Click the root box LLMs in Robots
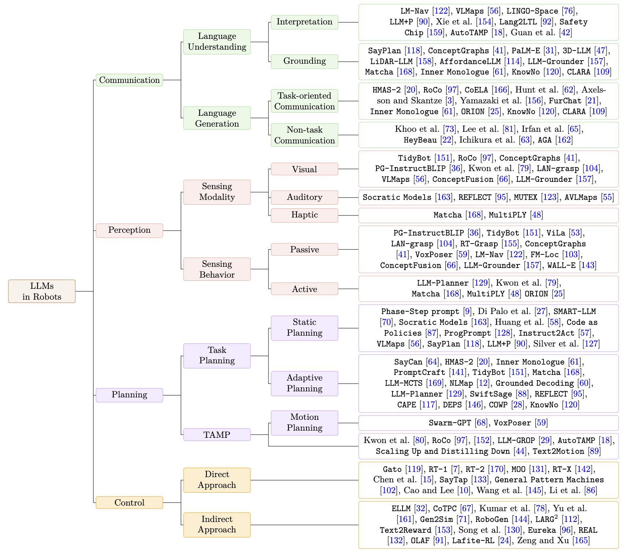coord(42,291)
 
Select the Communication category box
coord(129,80)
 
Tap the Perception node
coord(129,230)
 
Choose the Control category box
coord(129,503)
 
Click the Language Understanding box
coord(217,42)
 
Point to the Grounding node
coord(304,61)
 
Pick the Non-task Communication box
coord(304,135)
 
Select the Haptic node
coord(304,215)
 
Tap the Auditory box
coord(304,197)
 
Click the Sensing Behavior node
coord(217,269)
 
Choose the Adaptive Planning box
coord(304,383)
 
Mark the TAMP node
coord(217,435)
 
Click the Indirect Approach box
coord(217,524)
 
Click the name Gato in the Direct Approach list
coord(392,469)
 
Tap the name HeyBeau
coord(420,140)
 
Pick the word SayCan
coord(408,362)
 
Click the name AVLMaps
coord(582,197)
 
